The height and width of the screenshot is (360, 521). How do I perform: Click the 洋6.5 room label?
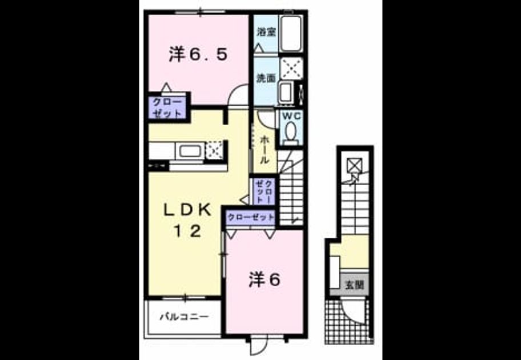(198, 54)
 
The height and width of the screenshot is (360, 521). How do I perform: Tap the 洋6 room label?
(265, 279)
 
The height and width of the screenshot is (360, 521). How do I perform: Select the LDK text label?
(188, 210)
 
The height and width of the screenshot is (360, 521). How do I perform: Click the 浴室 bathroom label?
(266, 32)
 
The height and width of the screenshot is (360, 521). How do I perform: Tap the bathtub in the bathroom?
(291, 34)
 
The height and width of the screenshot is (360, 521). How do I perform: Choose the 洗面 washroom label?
(266, 78)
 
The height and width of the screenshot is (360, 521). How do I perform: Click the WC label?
(291, 116)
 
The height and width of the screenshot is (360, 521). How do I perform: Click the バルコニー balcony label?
(185, 317)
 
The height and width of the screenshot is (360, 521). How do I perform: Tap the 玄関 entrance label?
(355, 285)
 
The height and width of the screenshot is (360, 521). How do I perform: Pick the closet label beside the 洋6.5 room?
(167, 107)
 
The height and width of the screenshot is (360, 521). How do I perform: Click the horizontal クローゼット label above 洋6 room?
(251, 218)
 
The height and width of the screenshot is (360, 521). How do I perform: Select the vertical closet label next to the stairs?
(264, 191)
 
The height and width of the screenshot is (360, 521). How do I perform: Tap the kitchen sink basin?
(190, 151)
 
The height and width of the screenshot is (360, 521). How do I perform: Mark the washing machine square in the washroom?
(291, 69)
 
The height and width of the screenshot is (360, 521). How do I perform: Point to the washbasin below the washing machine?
(286, 92)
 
